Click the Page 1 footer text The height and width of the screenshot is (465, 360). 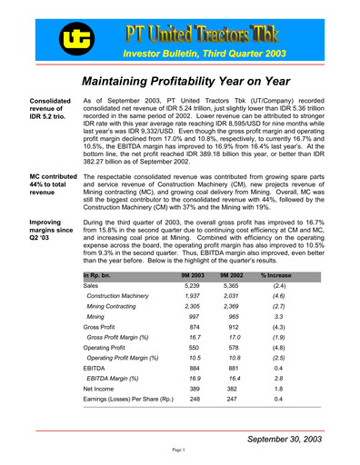[x=179, y=450]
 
